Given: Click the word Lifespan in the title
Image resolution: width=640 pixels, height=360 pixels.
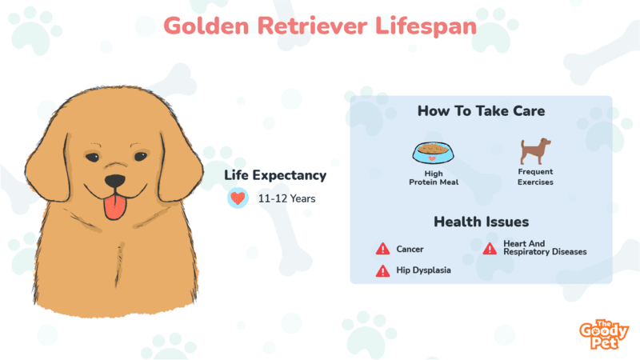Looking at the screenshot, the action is [426, 26].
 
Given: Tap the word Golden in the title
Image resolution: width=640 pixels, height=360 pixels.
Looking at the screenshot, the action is [206, 26].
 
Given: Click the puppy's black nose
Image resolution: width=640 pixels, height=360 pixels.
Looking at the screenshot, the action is [114, 181].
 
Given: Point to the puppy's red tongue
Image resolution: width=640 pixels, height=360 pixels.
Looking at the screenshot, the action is [114, 207].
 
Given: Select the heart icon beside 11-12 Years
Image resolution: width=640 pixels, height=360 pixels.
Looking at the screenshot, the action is [238, 198].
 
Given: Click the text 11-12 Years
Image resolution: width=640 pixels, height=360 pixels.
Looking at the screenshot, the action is [286, 198].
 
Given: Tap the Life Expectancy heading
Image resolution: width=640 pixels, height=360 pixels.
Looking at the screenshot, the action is [275, 175].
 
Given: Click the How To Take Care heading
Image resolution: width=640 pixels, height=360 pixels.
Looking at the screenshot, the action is [481, 111].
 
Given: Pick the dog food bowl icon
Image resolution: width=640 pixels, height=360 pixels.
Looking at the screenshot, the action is [433, 153].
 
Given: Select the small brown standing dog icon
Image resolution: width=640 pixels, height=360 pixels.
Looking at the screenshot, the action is [535, 151].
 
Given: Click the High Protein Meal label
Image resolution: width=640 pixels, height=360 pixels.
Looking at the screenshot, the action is [434, 178].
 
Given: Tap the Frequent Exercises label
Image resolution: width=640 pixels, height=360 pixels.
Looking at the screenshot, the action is [535, 177].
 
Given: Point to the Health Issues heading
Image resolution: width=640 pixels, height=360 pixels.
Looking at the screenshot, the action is [482, 222].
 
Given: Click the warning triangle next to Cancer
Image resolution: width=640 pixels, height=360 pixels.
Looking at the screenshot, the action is [382, 249].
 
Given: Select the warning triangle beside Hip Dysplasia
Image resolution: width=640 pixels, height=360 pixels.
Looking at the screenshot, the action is [382, 270].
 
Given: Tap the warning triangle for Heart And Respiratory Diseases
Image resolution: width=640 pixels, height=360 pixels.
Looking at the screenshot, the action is [490, 248].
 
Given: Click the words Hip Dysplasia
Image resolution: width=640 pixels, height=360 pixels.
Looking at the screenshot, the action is [424, 270].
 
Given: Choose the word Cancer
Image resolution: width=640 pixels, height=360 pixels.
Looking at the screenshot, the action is [410, 249].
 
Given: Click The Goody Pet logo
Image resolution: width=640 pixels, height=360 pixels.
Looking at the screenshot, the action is [604, 334].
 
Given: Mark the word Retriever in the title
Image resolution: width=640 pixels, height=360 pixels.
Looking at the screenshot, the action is [312, 26].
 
